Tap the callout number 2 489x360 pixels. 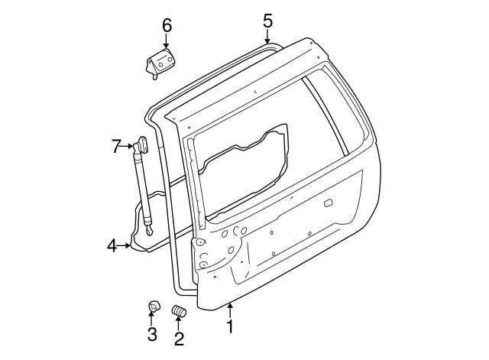pyautogui.click(x=178, y=337)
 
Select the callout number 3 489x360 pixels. pyautogui.click(x=152, y=334)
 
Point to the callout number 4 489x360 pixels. pyautogui.click(x=112, y=246)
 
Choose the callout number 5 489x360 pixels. pyautogui.click(x=267, y=20)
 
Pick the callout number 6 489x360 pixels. pyautogui.click(x=167, y=24)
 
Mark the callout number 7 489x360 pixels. pyautogui.click(x=116, y=145)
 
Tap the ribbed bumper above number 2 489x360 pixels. pyautogui.click(x=180, y=313)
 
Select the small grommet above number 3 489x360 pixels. pyautogui.click(x=153, y=308)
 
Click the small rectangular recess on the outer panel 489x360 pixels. pyautogui.click(x=329, y=204)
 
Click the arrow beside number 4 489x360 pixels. pyautogui.click(x=127, y=246)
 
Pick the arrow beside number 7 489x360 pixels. pyautogui.click(x=129, y=145)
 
